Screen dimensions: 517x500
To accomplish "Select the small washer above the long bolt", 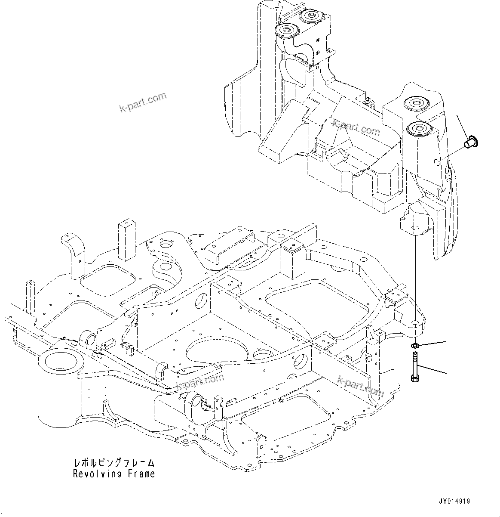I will [x=414, y=345].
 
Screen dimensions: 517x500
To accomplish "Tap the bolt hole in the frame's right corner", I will [x=414, y=322].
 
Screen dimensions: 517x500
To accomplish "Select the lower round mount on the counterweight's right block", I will [x=418, y=128].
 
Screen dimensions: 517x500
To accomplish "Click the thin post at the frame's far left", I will [x=31, y=297].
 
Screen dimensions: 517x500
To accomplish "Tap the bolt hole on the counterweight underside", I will [x=415, y=228].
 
